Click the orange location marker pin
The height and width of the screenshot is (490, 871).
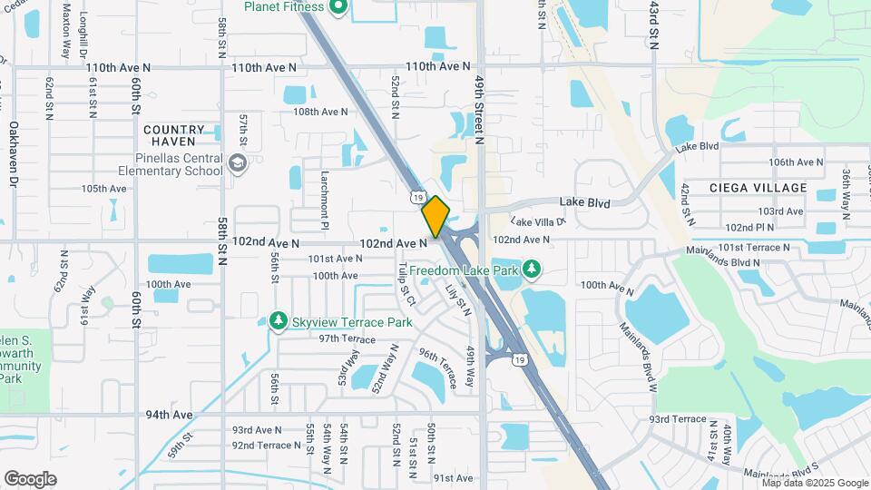tap(435, 216)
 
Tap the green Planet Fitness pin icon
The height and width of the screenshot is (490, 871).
tap(338, 8)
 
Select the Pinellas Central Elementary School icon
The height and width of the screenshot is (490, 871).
tap(238, 163)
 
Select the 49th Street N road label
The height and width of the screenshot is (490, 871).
tap(479, 108)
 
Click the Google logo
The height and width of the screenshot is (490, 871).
tap(30, 478)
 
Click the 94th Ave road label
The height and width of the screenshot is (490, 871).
tap(170, 415)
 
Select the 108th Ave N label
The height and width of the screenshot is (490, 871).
tap(320, 112)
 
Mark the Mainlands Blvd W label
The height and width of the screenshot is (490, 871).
tap(638, 352)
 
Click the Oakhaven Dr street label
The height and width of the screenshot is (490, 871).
tap(14, 155)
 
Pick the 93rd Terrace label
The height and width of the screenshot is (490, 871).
tap(677, 418)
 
